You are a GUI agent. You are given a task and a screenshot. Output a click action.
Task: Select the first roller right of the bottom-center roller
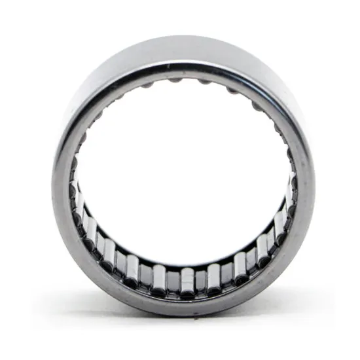[x=213, y=277]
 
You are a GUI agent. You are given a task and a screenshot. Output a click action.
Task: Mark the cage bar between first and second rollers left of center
[x=147, y=274]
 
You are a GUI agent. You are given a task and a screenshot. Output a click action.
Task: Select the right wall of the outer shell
[x=305, y=183]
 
